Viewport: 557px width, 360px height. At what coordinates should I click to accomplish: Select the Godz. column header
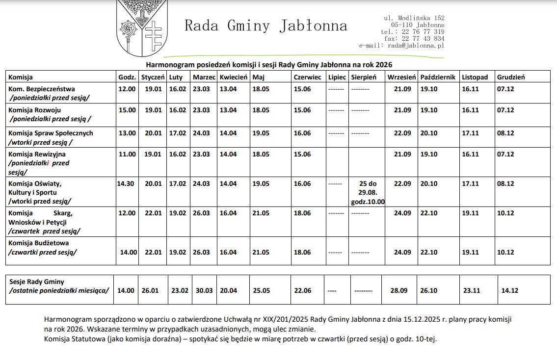pos(127,77)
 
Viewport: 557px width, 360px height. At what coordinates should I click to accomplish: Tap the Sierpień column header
pos(364,77)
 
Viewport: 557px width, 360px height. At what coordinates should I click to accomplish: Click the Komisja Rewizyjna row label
pos(37,154)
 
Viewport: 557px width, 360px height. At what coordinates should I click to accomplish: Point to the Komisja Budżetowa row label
pos(39,243)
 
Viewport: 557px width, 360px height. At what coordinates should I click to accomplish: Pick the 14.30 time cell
pos(126,184)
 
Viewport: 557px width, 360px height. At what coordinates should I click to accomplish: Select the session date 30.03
pos(204,290)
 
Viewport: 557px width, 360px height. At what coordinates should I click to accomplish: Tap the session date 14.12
pos(509,290)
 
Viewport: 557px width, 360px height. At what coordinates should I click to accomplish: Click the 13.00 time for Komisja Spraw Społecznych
pos(127,133)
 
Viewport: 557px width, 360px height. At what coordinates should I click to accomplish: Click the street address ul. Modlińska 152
pos(414,18)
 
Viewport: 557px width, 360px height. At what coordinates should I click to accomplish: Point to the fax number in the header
pos(414,38)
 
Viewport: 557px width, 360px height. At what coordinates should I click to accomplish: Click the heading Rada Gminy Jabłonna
pos(265,26)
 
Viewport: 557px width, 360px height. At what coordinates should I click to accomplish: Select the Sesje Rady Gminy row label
pos(37,282)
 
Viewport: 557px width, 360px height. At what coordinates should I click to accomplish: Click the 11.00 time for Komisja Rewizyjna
pos(127,154)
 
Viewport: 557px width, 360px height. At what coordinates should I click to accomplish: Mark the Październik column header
pos(438,77)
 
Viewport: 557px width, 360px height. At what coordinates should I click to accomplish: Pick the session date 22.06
pos(302,290)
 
